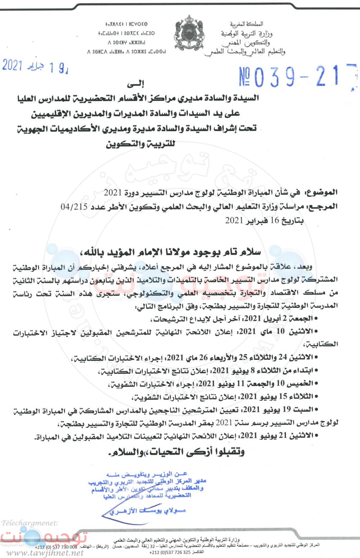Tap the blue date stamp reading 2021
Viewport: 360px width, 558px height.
point(34,66)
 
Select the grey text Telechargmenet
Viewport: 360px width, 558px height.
point(30,523)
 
